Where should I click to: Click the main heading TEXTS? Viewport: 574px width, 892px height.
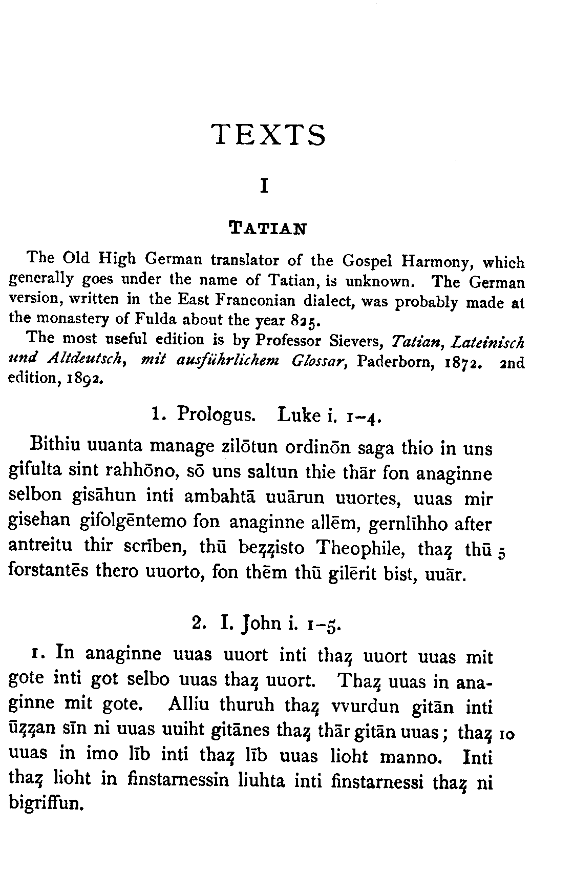(268, 135)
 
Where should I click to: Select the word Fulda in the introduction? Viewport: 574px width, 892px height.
(155, 319)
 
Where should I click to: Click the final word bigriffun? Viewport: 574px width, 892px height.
(46, 803)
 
